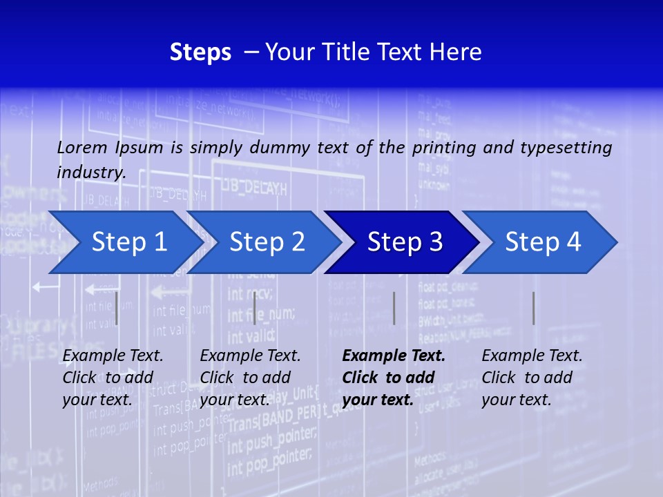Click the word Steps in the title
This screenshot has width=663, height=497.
(200, 52)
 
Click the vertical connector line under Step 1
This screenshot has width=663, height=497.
(117, 308)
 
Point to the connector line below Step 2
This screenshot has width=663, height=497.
(255, 308)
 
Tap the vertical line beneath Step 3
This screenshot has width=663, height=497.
(394, 308)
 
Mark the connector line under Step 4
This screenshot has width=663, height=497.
(533, 308)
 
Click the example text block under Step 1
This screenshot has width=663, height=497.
(113, 378)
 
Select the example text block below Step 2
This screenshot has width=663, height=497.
(250, 378)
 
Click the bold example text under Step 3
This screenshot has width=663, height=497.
(394, 378)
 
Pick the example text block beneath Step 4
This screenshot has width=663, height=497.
(532, 378)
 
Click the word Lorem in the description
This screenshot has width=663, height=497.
(82, 148)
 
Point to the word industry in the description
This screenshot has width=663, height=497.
(90, 173)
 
